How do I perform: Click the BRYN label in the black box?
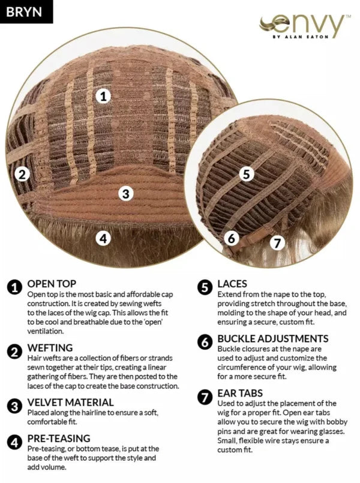click(x=24, y=11)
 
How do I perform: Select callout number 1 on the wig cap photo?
click(x=103, y=97)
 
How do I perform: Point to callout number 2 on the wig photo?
click(x=22, y=175)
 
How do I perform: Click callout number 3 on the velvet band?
click(x=125, y=194)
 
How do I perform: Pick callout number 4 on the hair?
click(x=103, y=238)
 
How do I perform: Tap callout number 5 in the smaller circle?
click(x=247, y=174)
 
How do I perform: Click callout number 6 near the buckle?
click(x=232, y=238)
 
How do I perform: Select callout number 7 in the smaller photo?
click(x=277, y=243)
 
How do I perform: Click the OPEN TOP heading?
click(x=52, y=283)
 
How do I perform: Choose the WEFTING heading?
click(x=50, y=347)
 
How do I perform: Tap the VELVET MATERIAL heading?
click(x=71, y=402)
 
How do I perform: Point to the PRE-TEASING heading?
click(x=59, y=438)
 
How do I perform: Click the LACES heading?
click(x=232, y=283)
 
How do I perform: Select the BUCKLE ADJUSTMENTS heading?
click(x=273, y=338)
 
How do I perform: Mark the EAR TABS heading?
click(x=240, y=393)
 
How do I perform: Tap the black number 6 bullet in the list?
click(x=205, y=343)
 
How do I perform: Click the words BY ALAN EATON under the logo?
click(x=300, y=37)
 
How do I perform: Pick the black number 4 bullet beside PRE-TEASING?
click(x=14, y=442)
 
